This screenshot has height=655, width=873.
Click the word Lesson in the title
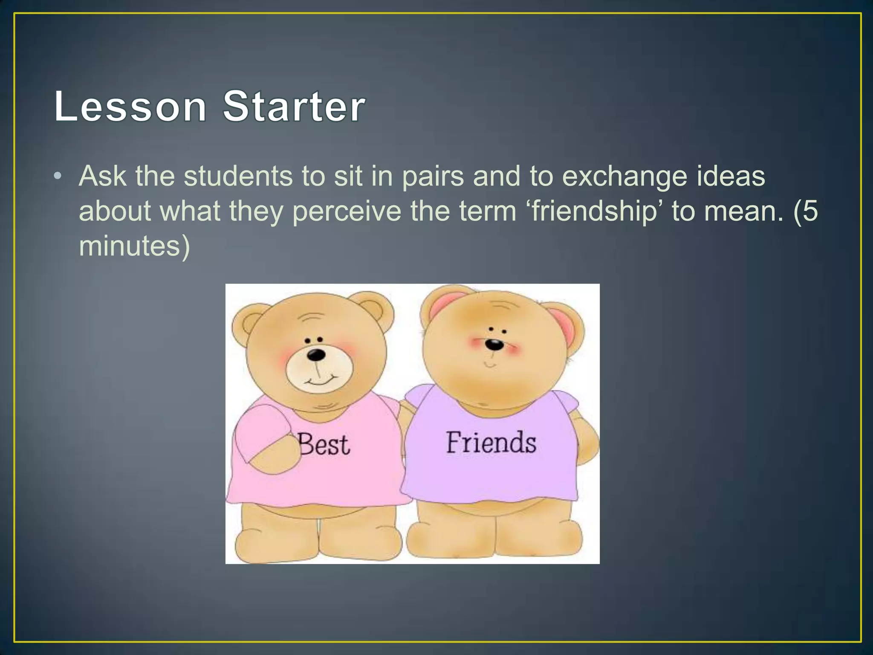[130, 106]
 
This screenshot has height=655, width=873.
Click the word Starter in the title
[294, 106]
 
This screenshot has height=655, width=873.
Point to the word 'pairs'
[433, 177]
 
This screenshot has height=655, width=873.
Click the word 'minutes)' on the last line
[134, 247]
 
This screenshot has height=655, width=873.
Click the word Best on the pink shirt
[324, 444]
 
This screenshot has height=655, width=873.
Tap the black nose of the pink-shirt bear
[316, 354]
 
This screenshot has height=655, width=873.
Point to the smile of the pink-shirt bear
[318, 380]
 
